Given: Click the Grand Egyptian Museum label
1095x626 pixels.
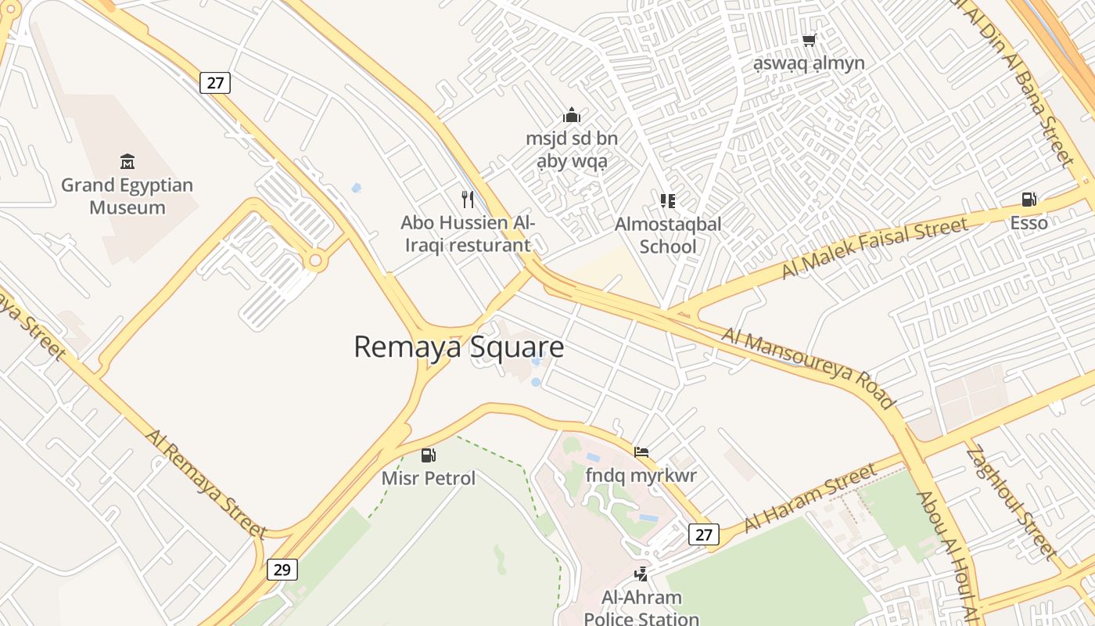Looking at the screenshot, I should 127,196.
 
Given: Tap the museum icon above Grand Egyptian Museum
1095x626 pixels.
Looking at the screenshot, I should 127,162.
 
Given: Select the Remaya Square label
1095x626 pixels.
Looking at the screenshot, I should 458,347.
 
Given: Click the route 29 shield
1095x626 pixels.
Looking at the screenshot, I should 282,570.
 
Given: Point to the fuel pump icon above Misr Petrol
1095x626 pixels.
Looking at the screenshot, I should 429,455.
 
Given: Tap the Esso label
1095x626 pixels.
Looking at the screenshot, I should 1029,223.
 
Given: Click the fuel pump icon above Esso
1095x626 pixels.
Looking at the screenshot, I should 1029,200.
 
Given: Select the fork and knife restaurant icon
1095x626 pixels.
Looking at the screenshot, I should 468,199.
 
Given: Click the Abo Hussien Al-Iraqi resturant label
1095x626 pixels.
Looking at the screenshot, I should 468,233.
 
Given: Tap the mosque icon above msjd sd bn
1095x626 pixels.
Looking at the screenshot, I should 572,116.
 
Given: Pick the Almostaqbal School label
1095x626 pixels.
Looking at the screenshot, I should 668,235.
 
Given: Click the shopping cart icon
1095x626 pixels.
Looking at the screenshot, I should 809,40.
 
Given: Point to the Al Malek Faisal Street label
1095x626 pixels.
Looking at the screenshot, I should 874,247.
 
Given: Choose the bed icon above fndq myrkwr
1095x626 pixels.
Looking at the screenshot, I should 641,452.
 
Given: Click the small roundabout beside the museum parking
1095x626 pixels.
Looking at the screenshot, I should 315,261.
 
